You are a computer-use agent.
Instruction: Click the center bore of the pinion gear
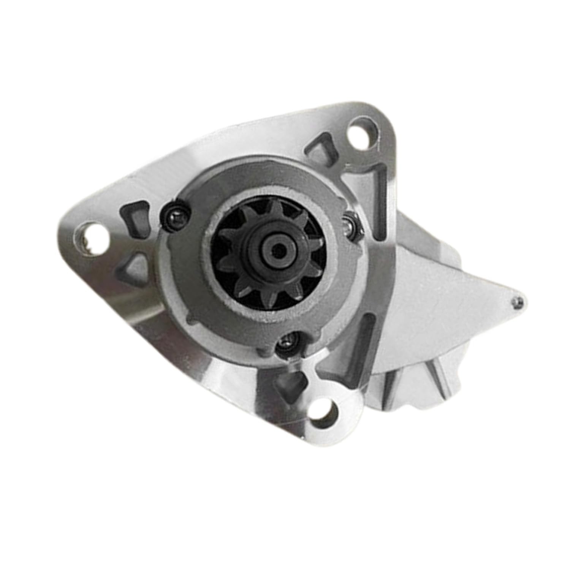click(280, 250)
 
